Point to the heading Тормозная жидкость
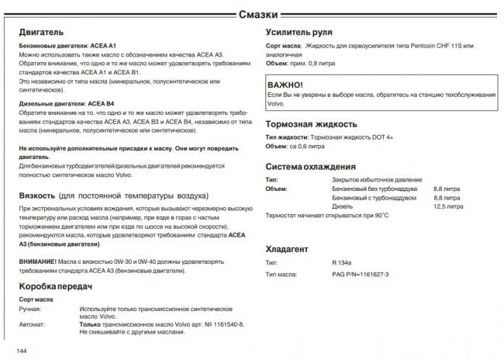coord(311,124)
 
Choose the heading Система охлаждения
coord(311,166)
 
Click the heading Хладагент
coord(287,249)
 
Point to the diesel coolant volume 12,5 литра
coord(448,206)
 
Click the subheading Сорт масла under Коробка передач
coord(36,299)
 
